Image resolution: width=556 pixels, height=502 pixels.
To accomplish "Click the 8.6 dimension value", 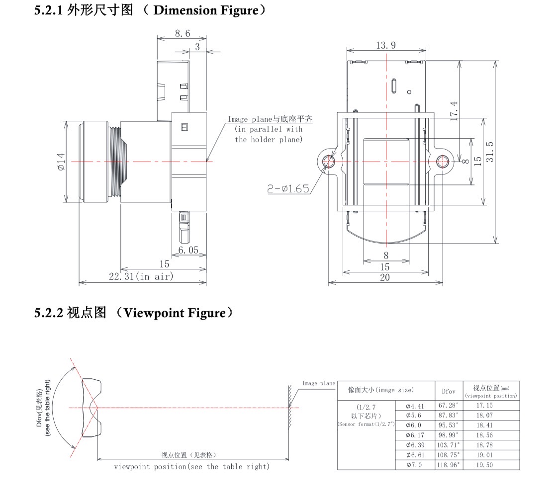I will pyautogui.click(x=183, y=33).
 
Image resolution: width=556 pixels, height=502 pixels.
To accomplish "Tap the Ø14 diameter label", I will pyautogui.click(x=61, y=162).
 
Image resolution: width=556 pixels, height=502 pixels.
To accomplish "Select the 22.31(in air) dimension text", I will pyautogui.click(x=141, y=277).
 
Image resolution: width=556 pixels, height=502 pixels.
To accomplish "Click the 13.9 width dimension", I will pyautogui.click(x=386, y=46).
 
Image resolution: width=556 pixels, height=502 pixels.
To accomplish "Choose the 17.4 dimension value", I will pyautogui.click(x=454, y=110).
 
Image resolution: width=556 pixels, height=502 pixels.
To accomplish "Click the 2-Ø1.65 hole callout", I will pyautogui.click(x=288, y=188).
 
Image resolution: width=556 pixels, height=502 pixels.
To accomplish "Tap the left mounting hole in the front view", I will pyautogui.click(x=329, y=161).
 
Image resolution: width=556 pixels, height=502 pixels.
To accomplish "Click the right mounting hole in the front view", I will pyautogui.click(x=443, y=161).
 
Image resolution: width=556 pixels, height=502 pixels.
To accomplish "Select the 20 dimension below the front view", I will pyautogui.click(x=385, y=278).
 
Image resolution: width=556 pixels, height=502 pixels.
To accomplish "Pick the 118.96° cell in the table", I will pyautogui.click(x=448, y=465).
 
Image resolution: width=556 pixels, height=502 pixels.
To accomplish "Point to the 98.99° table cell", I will pyautogui.click(x=448, y=435).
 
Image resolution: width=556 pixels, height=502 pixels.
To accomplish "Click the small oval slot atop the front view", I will pyautogui.click(x=394, y=86).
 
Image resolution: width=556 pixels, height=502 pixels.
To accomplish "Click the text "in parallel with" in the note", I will pyautogui.click(x=269, y=129).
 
